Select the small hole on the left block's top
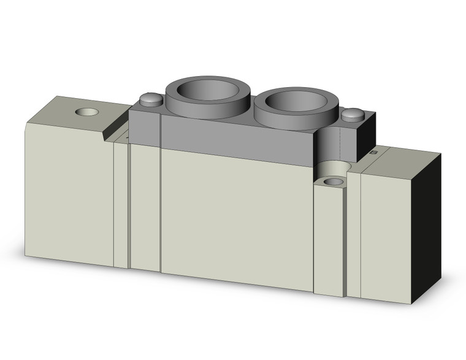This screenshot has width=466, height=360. [x=85, y=113]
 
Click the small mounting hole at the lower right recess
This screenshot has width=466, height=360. [x=333, y=182]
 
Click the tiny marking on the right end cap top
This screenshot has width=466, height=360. [x=375, y=150]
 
